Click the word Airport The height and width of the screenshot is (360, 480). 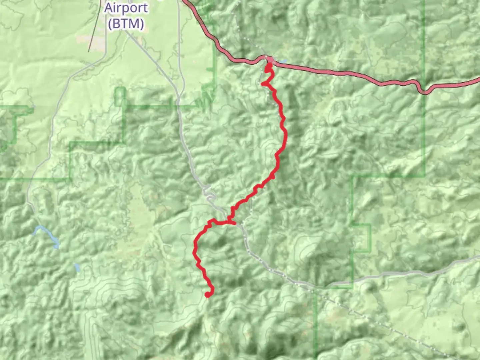[x=126, y=8]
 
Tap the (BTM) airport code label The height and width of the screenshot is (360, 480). [x=126, y=23]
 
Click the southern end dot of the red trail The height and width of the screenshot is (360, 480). [x=208, y=294]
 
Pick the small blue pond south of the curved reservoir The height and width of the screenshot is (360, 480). [x=77, y=267]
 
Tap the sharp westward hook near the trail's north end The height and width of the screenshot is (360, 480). [x=263, y=84]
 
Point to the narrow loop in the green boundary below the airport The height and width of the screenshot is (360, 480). [x=120, y=97]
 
